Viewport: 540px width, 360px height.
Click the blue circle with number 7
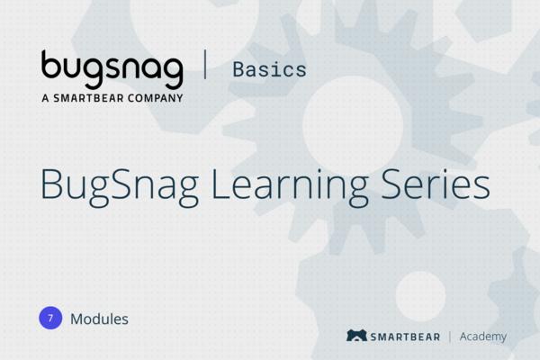tap(50, 318)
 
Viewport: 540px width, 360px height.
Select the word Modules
tap(99, 318)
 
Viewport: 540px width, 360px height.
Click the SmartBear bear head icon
tap(356, 336)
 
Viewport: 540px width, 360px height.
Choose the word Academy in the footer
tap(483, 337)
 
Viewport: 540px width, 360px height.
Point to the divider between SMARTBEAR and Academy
tap(449, 336)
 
